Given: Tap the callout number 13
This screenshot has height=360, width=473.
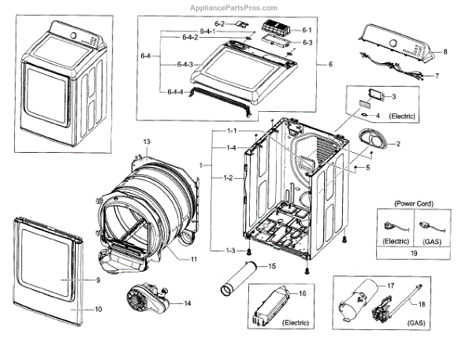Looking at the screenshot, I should (147, 141).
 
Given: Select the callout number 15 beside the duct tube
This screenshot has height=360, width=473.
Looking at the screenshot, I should (272, 267).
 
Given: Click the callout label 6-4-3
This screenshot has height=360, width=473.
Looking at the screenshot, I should (185, 64).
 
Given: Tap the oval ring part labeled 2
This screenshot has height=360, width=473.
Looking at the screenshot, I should (374, 141).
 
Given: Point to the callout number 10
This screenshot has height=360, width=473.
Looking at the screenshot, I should (99, 310).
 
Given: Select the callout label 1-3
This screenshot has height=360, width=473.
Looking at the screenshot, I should (230, 251).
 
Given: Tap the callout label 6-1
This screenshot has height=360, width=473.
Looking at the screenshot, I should (307, 29).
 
